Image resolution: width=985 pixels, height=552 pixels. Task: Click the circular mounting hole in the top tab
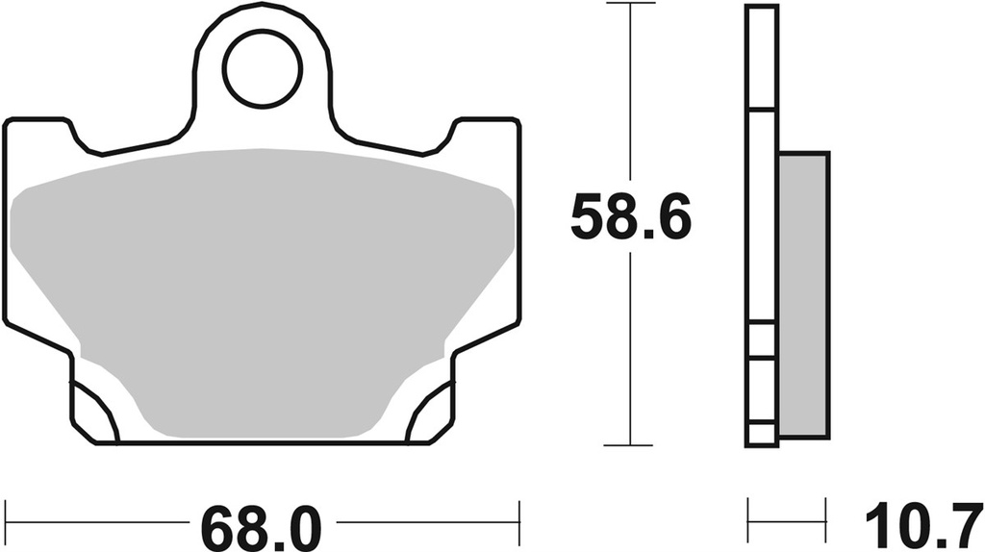pos(264,67)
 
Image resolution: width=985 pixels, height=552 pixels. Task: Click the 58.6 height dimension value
pos(630,218)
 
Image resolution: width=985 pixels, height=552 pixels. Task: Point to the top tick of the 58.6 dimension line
pos(629,5)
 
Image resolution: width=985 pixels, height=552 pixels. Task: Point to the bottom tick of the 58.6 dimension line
pos(629,445)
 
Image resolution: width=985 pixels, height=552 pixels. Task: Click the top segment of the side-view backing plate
pos(761,58)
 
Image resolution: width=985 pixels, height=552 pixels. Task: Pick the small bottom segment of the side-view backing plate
pos(761,434)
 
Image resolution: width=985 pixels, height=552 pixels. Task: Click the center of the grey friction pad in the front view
pos(262,289)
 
